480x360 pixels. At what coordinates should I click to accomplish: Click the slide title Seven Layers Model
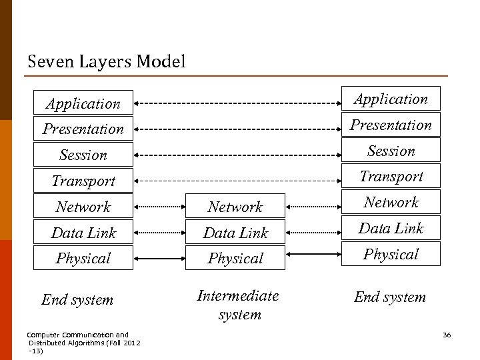click(107, 62)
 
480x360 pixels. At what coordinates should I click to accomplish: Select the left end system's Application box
click(83, 103)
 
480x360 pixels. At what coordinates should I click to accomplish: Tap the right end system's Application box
click(391, 99)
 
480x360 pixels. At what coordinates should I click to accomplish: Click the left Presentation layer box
click(83, 129)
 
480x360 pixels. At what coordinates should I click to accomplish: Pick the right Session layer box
click(391, 151)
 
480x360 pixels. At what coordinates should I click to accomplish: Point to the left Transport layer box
click(83, 181)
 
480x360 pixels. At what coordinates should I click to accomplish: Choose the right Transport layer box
click(391, 176)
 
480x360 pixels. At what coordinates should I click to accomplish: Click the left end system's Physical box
click(83, 258)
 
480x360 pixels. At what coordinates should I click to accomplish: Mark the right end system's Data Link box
click(391, 228)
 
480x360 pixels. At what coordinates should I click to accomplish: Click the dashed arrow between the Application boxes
click(237, 103)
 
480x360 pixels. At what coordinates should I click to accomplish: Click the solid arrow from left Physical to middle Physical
click(160, 258)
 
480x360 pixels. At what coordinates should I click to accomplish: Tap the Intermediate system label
click(238, 304)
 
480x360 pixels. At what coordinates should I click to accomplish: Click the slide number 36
click(447, 335)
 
